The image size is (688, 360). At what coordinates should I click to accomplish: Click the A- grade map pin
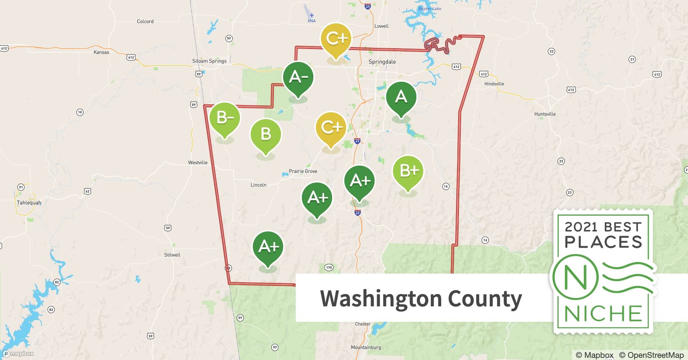coord(298,77)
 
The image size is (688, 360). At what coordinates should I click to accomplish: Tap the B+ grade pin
coord(408,171)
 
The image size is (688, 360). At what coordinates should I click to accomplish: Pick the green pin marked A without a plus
coord(401,97)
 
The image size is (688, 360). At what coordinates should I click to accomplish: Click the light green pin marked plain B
coord(265,134)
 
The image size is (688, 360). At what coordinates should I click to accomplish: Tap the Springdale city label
coord(382,62)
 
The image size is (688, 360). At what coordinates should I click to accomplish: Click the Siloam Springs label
coord(209,61)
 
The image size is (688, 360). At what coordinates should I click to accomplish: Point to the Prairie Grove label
coord(303,171)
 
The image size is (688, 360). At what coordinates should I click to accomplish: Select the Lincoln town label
coord(258,185)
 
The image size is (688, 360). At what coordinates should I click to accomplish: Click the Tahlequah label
coord(29,203)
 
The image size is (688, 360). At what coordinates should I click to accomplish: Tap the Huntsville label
coord(545,114)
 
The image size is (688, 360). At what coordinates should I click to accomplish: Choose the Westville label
coord(197,163)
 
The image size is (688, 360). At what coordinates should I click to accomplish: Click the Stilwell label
coord(172,255)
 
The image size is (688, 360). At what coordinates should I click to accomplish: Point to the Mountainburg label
coord(366,347)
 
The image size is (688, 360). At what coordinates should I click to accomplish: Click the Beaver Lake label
coord(429,9)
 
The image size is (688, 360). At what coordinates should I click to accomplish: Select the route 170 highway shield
coord(329,267)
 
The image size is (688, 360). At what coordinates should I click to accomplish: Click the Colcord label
coord(145,22)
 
